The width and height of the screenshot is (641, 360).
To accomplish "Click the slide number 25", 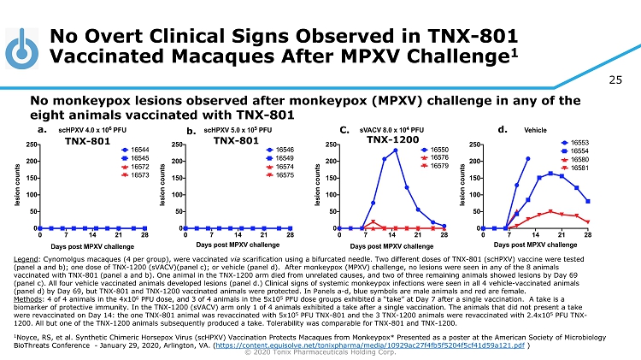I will pos(616,80).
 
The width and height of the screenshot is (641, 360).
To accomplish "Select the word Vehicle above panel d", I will pos(536,130).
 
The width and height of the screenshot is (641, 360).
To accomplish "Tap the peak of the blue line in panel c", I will pos(396,150).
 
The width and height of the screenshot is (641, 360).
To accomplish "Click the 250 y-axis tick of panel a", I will pos(31,145).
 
